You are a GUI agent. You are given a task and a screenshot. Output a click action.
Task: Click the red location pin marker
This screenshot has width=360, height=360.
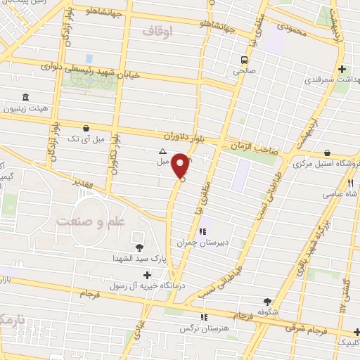(181, 166)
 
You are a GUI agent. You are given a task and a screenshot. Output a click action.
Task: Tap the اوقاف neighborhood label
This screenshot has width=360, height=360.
(157, 32)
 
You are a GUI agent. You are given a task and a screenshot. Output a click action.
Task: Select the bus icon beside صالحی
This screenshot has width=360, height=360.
(243, 60)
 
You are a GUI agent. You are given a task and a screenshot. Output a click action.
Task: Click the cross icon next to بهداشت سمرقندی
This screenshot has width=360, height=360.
(342, 69)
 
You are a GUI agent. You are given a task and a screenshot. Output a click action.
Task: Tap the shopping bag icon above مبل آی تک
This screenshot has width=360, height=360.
(86, 128)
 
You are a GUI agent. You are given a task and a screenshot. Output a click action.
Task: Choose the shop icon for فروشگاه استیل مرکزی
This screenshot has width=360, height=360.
(328, 153)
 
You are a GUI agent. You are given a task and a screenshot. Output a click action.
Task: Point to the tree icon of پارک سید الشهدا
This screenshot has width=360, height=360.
(139, 247)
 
